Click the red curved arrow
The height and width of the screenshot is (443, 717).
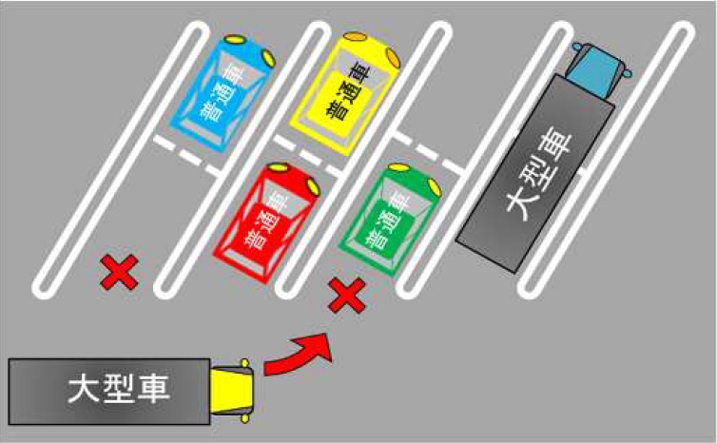(299, 355)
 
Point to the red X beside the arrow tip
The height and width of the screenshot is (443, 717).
(347, 297)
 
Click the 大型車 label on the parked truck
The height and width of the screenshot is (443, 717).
(540, 177)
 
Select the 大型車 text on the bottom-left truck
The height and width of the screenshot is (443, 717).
(112, 391)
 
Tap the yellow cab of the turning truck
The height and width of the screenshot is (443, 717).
(234, 391)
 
